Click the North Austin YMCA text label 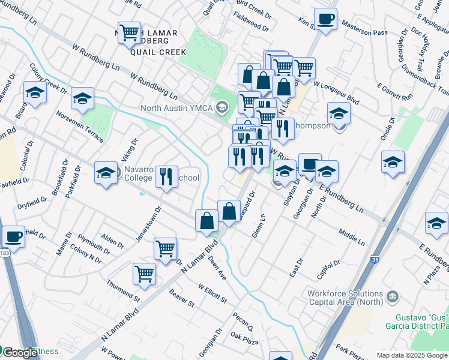tap(176, 109)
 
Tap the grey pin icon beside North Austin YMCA tap(223, 109)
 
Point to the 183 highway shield tap(4, 254)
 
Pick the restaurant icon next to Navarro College tap(166, 176)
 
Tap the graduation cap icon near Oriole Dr tap(393, 162)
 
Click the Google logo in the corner tap(19, 353)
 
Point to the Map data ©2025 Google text tap(412, 355)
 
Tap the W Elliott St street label tap(212, 292)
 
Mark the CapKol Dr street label tap(329, 266)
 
